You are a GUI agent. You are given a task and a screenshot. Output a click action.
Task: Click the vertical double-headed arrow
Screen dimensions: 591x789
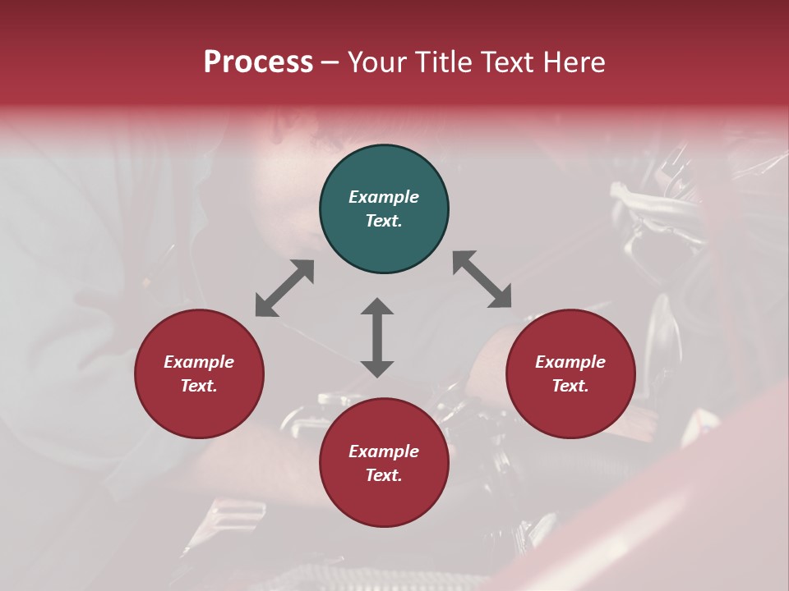coord(377,337)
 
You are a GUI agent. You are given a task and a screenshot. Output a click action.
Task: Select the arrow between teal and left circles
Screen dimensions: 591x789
coord(284,288)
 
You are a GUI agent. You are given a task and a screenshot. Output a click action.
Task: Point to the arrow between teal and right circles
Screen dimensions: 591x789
coord(482,279)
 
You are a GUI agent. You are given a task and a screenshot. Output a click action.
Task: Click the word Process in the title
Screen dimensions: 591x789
coord(258,62)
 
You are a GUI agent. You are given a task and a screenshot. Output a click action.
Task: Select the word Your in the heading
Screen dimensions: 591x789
coord(374,62)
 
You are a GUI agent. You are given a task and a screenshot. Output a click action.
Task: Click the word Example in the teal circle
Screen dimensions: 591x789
coord(384,197)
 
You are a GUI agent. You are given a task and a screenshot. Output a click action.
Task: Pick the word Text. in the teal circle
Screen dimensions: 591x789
coord(384,221)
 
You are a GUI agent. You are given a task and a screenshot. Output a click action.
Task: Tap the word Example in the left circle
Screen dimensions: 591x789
coord(199,362)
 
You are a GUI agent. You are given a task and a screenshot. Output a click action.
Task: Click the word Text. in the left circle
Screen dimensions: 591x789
coord(199,386)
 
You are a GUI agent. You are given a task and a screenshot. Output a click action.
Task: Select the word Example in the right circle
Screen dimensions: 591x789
coord(570,362)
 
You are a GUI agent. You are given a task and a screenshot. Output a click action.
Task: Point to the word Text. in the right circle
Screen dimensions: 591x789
coord(570,386)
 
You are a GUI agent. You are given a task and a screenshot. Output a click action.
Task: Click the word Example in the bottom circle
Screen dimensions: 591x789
coord(384,451)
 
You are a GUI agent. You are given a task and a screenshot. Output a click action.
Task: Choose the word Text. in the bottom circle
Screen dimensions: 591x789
coord(384,475)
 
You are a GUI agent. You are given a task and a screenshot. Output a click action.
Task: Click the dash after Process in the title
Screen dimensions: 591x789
coord(330,62)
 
